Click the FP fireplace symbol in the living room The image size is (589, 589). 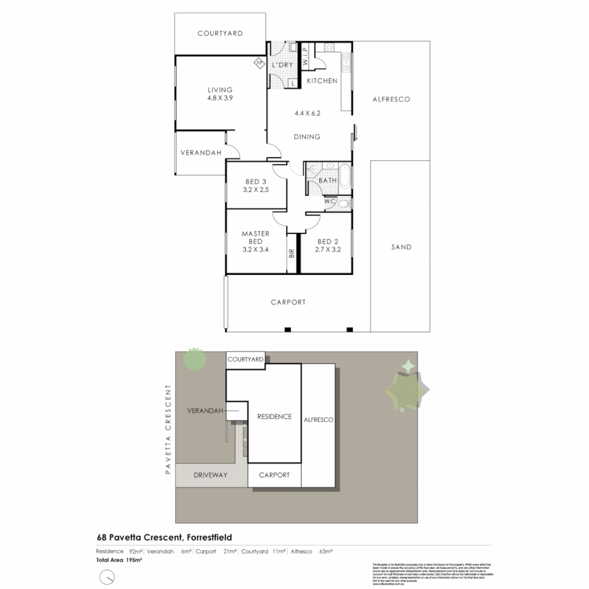(x=259, y=63)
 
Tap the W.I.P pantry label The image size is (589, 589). (x=305, y=56)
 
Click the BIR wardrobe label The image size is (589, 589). (x=292, y=253)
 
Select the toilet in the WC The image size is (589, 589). (x=343, y=203)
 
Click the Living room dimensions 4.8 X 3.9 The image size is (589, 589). (x=220, y=98)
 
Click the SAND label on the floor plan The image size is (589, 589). (x=401, y=247)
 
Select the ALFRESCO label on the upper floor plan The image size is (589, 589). (x=391, y=99)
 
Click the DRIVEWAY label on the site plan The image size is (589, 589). (x=210, y=475)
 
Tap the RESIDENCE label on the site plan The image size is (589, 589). (x=274, y=417)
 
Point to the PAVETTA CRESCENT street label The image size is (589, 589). (x=169, y=429)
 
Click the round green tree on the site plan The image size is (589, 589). (x=195, y=359)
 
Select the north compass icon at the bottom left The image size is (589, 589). (x=107, y=576)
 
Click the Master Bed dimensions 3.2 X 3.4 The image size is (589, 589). (x=255, y=253)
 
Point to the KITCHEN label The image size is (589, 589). (x=322, y=81)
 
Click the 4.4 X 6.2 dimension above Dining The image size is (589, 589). (x=307, y=113)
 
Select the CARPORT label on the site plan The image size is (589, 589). (x=274, y=475)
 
